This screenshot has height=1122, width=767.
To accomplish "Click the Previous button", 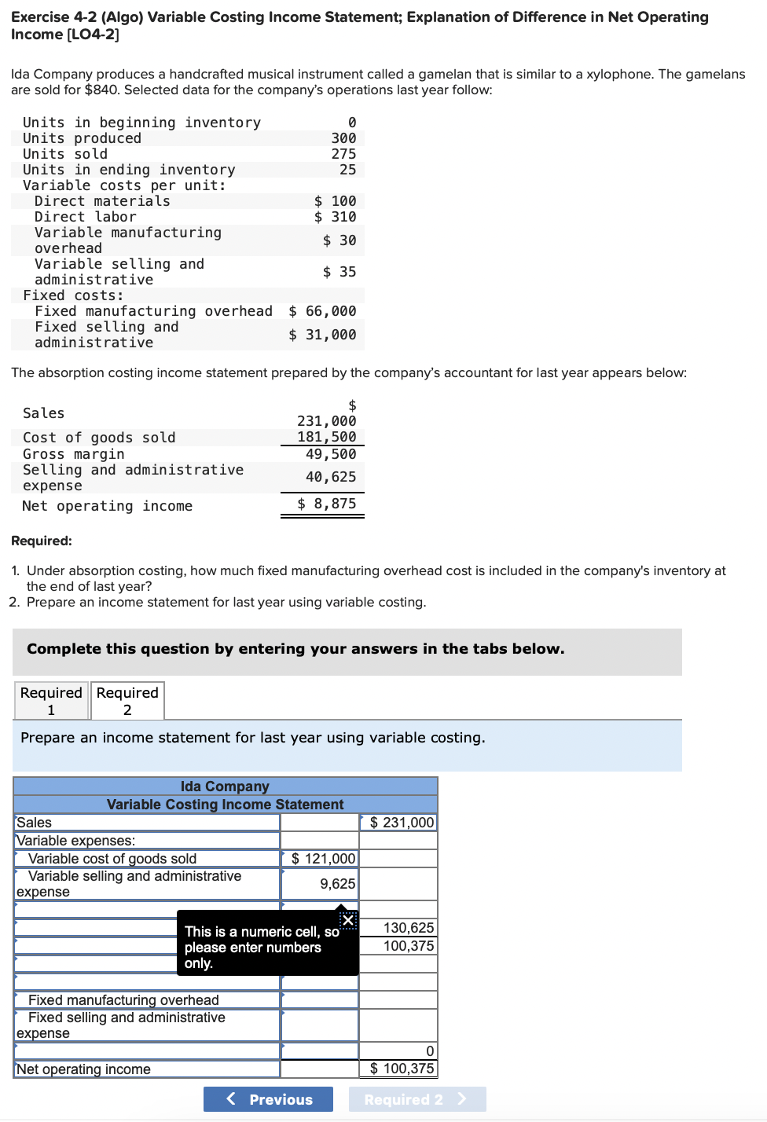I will coord(268,1099).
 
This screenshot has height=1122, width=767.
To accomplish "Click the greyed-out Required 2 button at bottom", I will coord(417,1099).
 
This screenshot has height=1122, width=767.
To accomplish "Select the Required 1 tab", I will coord(51,701).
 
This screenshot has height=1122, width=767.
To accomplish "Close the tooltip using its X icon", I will coord(348,920).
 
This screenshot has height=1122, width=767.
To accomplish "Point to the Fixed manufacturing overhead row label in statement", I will coord(123,1000).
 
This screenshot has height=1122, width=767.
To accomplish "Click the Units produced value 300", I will coord(343,138).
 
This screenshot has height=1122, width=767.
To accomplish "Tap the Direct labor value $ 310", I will coord(336,217).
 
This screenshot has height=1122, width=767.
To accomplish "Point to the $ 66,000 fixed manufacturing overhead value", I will coord(322,311).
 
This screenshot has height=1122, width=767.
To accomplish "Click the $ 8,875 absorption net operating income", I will coord(327,504).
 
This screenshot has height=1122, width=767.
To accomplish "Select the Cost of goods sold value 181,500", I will coord(326,437).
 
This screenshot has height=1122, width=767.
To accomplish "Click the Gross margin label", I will coord(73,454).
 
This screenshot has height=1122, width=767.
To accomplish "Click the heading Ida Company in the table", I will coord(225,786).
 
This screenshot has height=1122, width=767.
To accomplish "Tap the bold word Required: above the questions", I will coord(42,541).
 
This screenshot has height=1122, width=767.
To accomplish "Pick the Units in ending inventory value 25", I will coord(347,170).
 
